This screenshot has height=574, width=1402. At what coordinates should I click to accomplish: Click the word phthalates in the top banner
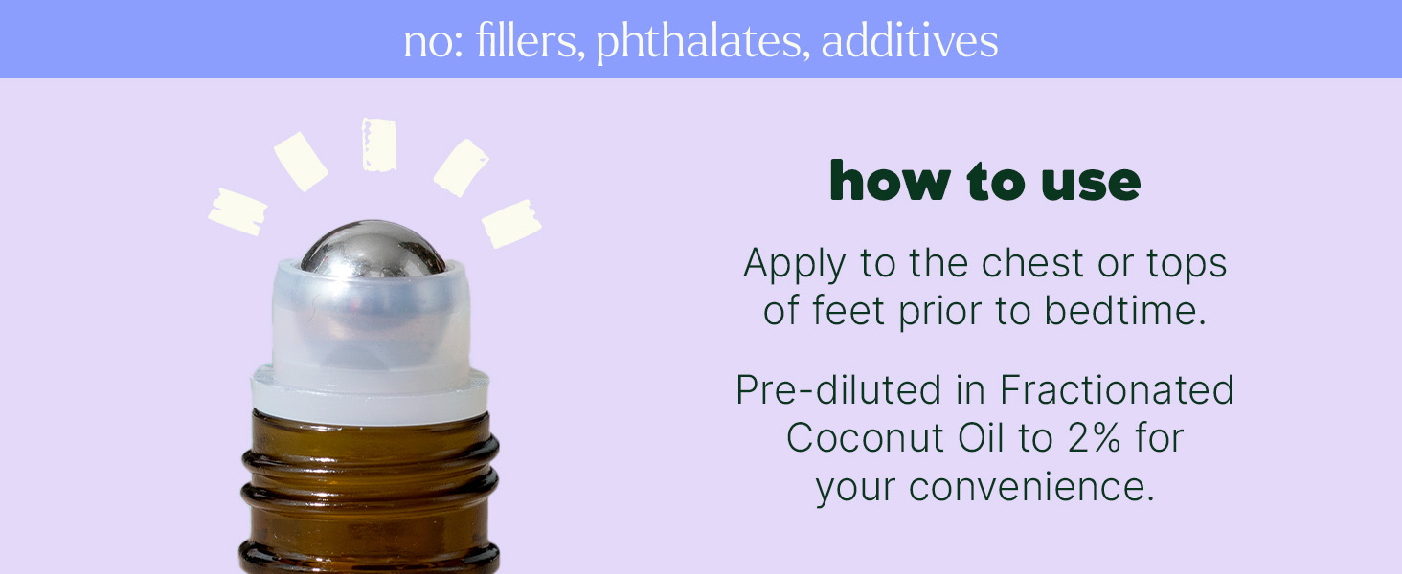(699, 42)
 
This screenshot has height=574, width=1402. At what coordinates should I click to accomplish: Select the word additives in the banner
(910, 41)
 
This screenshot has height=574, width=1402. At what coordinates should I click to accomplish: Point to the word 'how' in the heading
(890, 181)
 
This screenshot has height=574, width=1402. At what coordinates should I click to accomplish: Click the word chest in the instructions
(1032, 263)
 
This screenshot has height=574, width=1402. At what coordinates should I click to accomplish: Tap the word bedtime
(1124, 311)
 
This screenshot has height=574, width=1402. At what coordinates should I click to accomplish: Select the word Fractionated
(1117, 390)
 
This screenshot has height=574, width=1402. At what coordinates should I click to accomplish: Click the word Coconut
(865, 438)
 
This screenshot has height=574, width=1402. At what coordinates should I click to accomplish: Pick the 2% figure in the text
(1094, 438)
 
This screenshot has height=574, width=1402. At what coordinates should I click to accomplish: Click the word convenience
(1031, 487)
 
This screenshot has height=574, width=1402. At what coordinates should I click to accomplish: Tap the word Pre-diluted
(839, 390)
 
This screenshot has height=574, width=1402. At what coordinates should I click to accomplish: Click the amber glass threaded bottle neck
(370, 494)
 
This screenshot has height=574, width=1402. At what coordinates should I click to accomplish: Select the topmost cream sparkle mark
(379, 144)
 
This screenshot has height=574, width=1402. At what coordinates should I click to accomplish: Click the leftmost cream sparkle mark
(237, 212)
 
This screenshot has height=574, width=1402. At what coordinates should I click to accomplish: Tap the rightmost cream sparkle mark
(512, 223)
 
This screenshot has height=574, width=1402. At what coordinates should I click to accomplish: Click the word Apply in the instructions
(794, 265)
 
